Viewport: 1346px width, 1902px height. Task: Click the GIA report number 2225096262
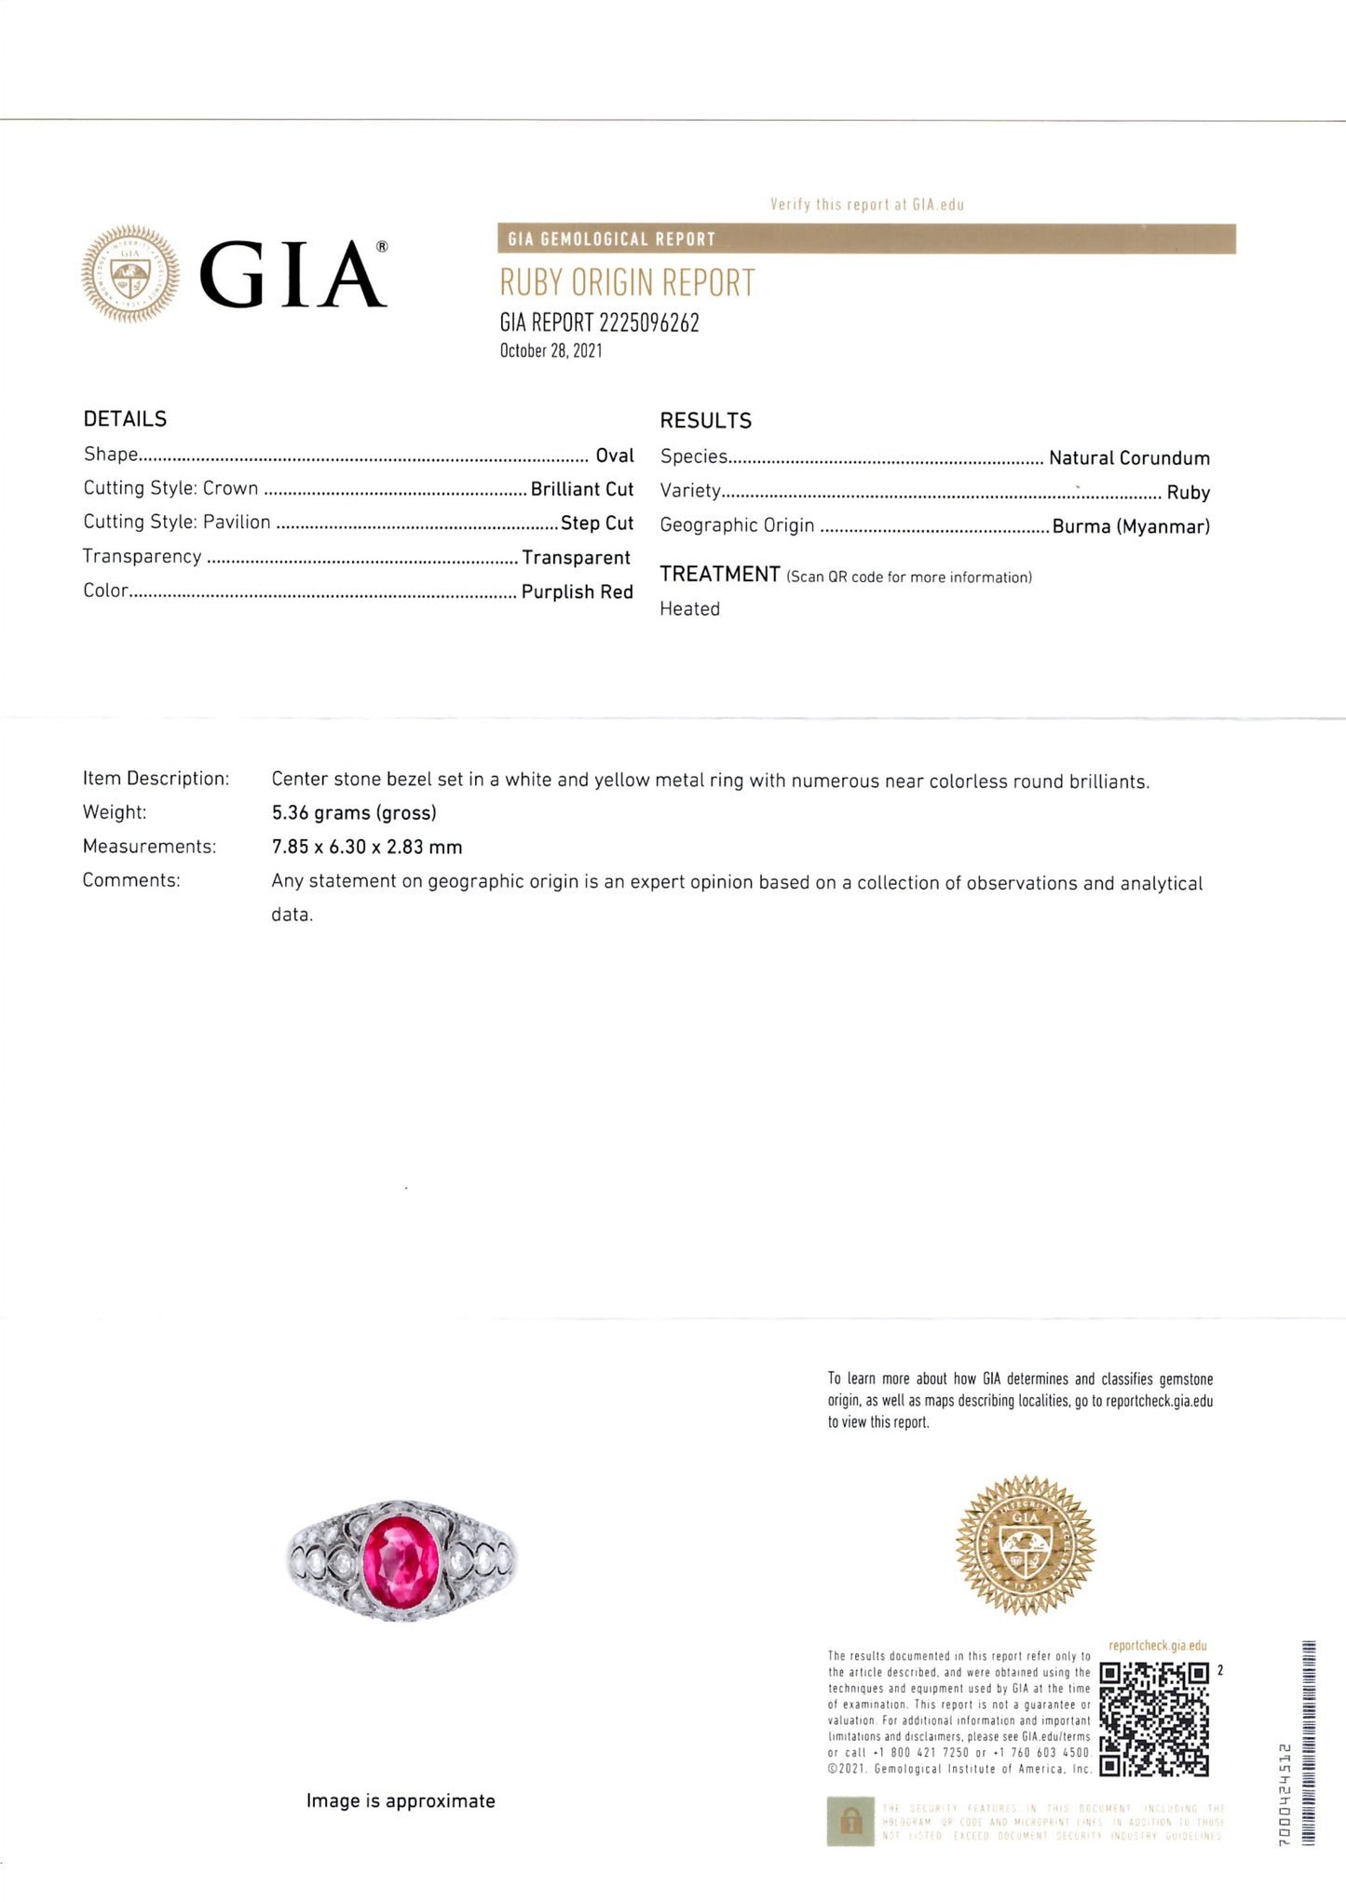[x=649, y=322]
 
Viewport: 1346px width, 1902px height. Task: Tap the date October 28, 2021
[x=551, y=351]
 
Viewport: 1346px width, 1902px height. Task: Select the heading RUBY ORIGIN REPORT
[x=627, y=282]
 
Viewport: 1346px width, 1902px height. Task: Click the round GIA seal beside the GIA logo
[x=130, y=274]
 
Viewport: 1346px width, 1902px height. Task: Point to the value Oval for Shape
[x=615, y=455]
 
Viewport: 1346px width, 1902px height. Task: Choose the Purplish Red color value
[x=577, y=591]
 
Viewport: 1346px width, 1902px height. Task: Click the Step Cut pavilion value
[x=596, y=523]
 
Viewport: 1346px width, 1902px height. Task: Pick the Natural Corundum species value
[x=1129, y=458]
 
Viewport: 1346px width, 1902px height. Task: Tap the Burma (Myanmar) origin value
[x=1131, y=526]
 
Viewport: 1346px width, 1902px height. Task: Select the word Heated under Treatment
[x=689, y=609]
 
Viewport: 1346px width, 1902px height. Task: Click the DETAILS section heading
[x=125, y=419]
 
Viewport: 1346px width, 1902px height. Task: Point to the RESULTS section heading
[x=705, y=421]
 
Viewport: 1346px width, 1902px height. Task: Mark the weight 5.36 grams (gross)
[x=354, y=813]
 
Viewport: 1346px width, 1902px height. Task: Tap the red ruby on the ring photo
[x=401, y=1557]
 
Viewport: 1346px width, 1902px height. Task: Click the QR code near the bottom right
[x=1154, y=1719]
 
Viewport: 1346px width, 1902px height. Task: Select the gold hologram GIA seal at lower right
[x=1026, y=1545]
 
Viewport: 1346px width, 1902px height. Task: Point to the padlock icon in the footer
[x=850, y=1821]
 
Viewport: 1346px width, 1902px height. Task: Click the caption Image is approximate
[x=401, y=1800]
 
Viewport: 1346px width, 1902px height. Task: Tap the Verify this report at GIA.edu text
[x=866, y=205]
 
